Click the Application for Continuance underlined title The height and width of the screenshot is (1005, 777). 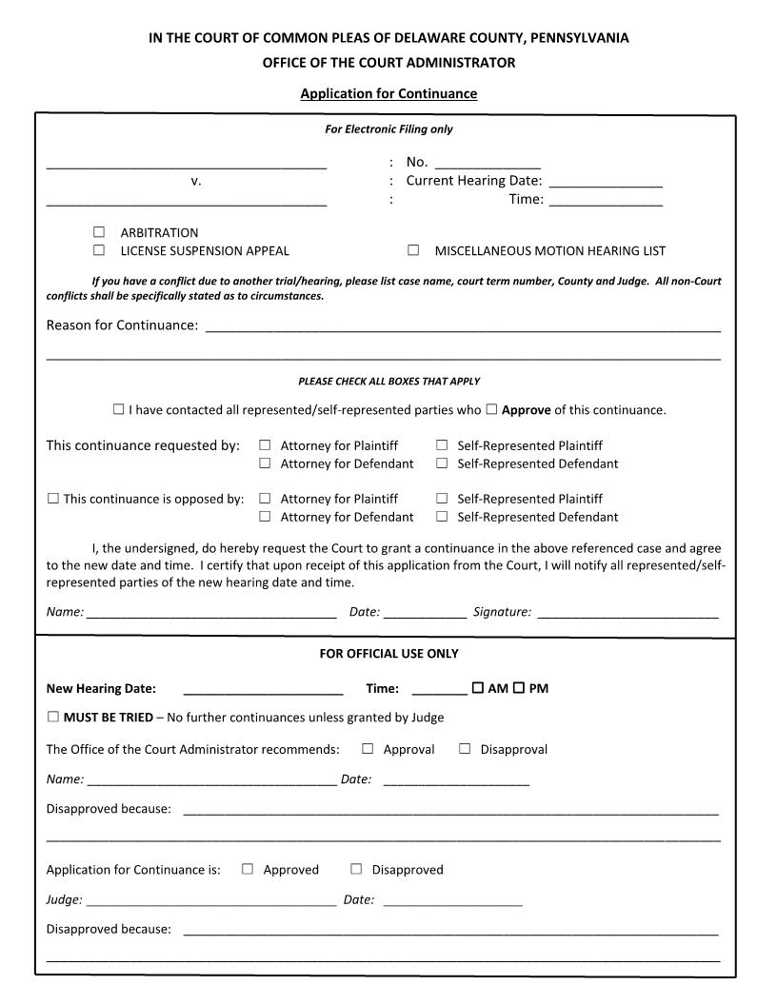[388, 93]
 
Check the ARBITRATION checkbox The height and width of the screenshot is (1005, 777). [99, 232]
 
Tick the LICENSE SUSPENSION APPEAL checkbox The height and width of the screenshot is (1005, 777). [99, 250]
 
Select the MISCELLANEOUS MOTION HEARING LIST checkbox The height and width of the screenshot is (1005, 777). [413, 250]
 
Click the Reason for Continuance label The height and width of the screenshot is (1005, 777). [122, 325]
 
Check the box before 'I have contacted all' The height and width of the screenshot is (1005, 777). [118, 409]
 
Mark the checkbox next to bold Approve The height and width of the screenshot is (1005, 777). [491, 409]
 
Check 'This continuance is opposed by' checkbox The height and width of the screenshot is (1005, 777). [53, 498]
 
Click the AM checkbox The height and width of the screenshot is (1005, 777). [477, 688]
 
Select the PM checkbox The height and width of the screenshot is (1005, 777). [519, 688]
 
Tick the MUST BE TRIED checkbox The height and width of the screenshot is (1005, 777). [53, 717]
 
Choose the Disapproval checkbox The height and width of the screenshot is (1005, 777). [465, 749]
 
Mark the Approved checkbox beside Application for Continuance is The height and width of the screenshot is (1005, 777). [248, 869]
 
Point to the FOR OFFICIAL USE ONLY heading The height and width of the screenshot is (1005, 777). [388, 654]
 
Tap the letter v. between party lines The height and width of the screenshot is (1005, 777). [196, 181]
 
